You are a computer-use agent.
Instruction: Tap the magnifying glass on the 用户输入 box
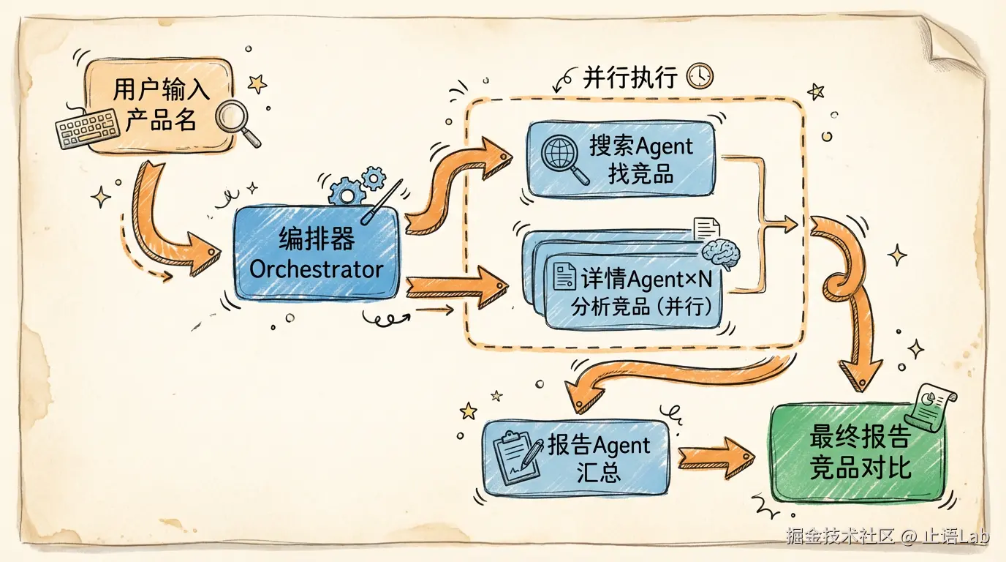pos(238,121)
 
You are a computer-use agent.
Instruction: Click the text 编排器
pos(317,239)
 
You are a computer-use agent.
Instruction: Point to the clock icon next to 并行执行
pos(700,75)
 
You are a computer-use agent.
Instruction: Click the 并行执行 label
pos(629,77)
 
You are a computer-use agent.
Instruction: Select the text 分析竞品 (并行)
pos(642,306)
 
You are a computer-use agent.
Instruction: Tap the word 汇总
pos(598,471)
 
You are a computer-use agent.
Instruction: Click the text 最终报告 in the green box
pos(860,438)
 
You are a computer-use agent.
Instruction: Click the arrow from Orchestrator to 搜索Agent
pos(457,183)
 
